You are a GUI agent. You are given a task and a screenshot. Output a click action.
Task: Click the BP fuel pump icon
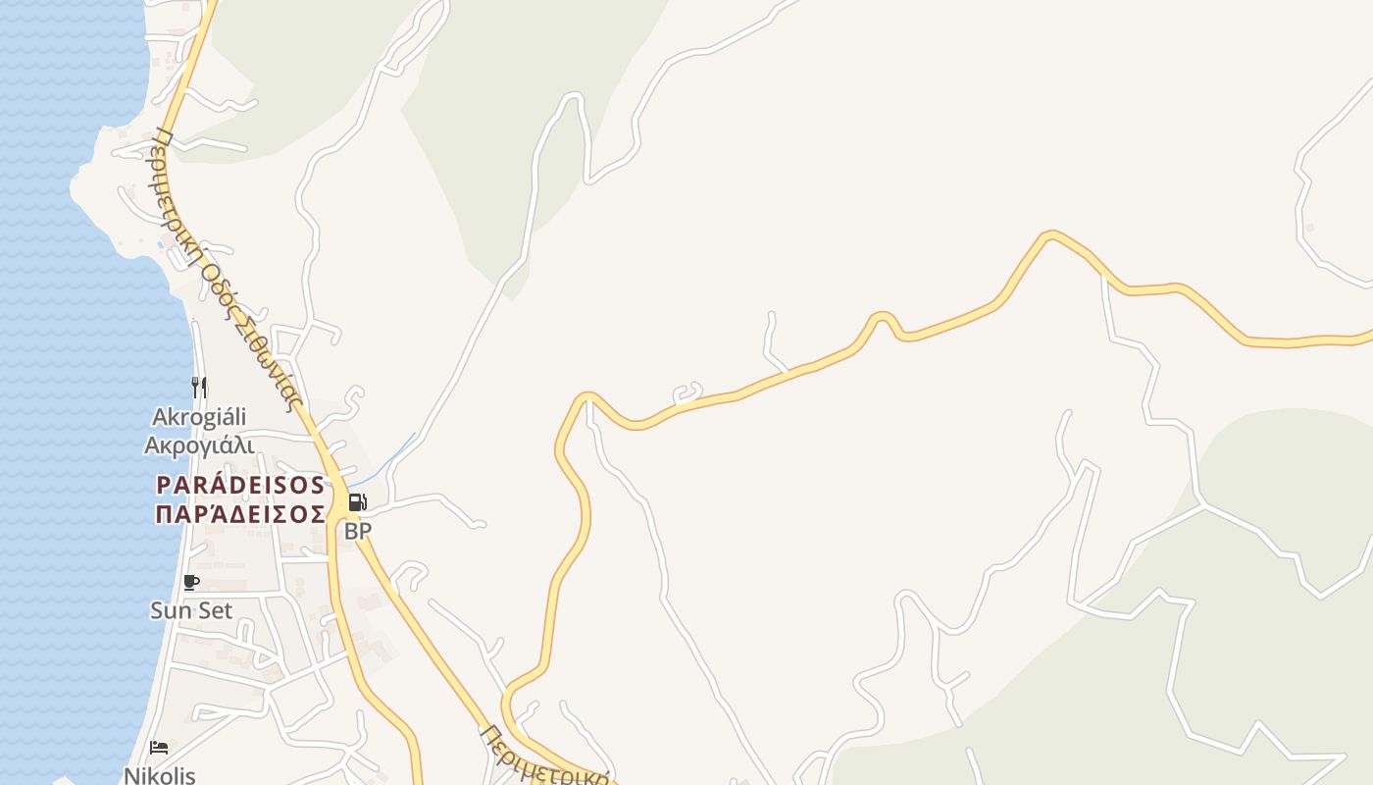point(358,502)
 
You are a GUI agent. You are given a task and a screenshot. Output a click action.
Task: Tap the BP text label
point(358,531)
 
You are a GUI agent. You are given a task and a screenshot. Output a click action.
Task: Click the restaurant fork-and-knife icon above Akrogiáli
point(199,388)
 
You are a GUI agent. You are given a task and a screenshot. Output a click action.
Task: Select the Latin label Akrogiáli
point(199,417)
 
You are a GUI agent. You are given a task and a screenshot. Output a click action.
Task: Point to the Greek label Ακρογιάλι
point(199,445)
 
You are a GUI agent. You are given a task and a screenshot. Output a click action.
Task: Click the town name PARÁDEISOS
point(240,485)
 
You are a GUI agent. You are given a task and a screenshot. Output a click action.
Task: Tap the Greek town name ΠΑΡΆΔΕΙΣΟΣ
point(240,513)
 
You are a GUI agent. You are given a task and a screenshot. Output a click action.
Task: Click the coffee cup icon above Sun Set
point(191,583)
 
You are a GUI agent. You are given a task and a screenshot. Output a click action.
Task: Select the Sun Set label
point(191,610)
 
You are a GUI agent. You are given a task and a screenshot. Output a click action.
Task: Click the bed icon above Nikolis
point(159,748)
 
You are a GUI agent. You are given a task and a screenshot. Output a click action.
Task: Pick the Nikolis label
point(159,775)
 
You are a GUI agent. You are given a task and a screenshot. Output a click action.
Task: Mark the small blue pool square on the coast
point(160,245)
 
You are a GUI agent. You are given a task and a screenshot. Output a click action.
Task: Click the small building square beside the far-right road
point(1309,228)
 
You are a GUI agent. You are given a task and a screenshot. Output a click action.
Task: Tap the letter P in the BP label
point(365,531)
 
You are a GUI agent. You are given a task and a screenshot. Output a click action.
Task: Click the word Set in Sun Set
point(215,610)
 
